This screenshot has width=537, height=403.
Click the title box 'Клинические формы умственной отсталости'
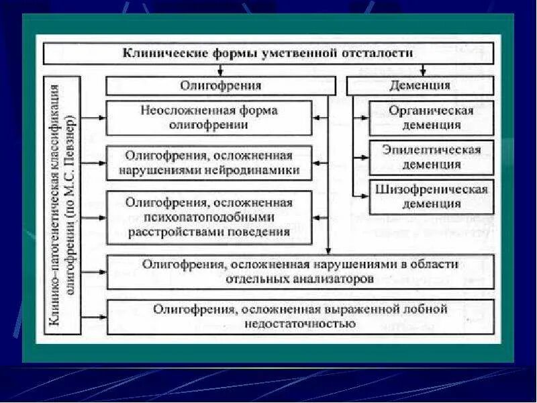[268, 52]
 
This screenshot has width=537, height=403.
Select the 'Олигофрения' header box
[220, 85]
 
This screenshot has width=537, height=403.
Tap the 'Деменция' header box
[420, 85]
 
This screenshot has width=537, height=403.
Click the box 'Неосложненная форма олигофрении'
[209, 118]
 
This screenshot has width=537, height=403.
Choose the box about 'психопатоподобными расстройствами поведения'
[209, 216]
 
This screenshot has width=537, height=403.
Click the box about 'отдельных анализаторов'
[300, 271]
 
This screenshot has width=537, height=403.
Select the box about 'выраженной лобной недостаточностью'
[300, 316]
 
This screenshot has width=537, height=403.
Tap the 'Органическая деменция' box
[431, 118]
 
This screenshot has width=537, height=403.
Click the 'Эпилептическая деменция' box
[431, 156]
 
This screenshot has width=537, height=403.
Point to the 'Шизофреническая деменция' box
[431, 196]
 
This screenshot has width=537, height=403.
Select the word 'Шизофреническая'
[431, 189]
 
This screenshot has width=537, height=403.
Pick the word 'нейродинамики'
[255, 170]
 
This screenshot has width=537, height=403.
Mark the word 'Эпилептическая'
[431, 150]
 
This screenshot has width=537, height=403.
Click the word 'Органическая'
[431, 111]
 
